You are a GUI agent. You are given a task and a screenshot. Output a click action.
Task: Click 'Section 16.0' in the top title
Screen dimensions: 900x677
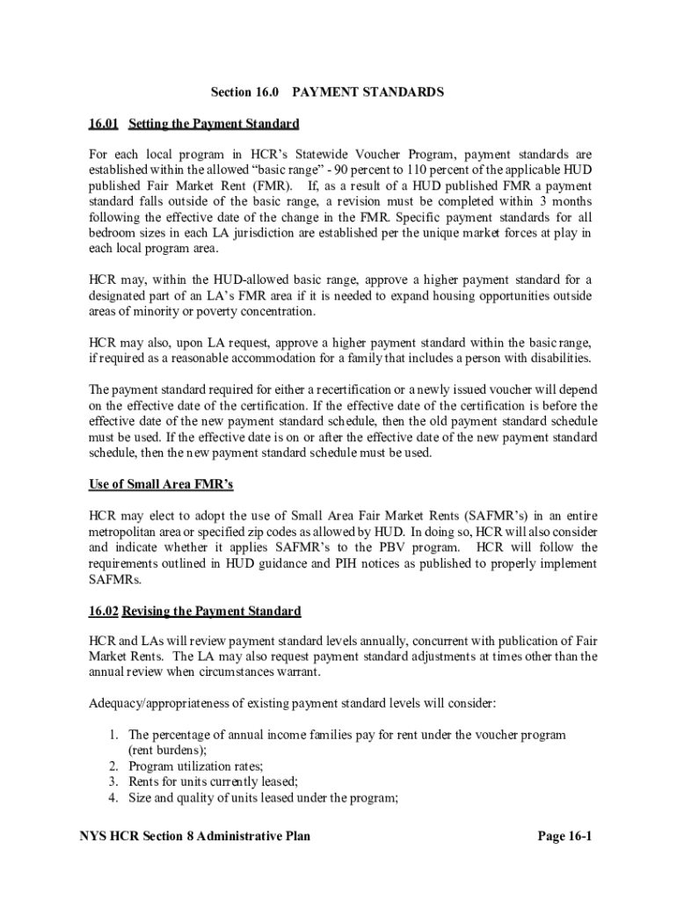pos(238,91)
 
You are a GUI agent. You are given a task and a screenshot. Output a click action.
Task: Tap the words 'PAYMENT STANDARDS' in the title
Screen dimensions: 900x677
pos(368,91)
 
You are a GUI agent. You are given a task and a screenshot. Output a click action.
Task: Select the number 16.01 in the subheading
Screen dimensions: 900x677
pos(105,123)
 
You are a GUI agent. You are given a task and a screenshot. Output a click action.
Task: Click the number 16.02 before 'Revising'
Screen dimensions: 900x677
pos(105,611)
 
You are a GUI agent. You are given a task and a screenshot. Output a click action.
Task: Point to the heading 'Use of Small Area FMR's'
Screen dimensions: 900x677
pos(161,484)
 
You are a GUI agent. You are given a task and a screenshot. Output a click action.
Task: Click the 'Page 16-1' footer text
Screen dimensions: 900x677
pos(564,836)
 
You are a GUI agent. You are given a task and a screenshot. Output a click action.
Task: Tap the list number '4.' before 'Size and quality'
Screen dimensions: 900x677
pos(113,797)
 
